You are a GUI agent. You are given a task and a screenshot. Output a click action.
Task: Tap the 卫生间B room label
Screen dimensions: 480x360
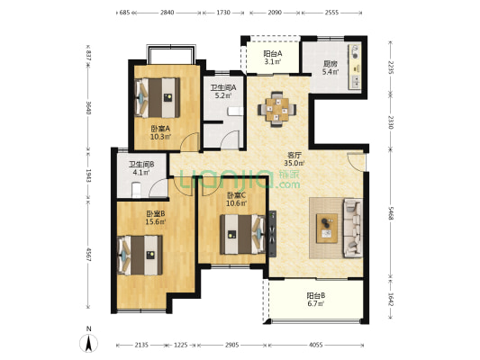141,165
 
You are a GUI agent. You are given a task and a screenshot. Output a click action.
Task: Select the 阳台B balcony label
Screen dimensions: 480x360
316,296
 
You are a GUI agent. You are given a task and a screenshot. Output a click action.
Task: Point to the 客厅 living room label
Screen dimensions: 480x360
294,156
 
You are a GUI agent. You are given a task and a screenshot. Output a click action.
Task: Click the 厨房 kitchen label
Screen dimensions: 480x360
330,64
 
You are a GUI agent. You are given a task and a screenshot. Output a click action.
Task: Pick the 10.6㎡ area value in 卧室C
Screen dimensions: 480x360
236,202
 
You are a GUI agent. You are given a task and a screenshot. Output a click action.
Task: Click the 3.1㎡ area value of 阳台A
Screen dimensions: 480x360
273,61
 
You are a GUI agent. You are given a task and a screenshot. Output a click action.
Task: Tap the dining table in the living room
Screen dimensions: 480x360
277,109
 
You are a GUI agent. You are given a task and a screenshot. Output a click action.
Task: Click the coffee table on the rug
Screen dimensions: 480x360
327,229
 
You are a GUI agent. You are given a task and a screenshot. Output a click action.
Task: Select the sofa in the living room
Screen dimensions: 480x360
353,228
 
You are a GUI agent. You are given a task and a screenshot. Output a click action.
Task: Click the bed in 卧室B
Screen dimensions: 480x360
140,255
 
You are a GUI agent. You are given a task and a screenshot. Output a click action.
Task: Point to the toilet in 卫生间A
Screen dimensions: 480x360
235,112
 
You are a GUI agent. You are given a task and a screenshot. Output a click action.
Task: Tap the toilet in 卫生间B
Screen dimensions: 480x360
136,190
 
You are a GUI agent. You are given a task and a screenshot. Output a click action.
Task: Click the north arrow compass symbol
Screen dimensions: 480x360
89,343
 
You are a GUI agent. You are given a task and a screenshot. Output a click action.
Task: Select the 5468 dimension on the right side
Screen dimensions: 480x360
390,213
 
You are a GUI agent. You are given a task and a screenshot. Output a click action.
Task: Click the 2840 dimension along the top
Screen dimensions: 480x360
168,13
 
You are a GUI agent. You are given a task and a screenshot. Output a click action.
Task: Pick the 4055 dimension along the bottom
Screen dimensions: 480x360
315,345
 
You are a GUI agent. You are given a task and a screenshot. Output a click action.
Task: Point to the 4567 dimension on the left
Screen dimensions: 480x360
88,255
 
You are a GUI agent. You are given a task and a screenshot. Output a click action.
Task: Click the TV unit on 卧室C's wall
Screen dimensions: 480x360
272,234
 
